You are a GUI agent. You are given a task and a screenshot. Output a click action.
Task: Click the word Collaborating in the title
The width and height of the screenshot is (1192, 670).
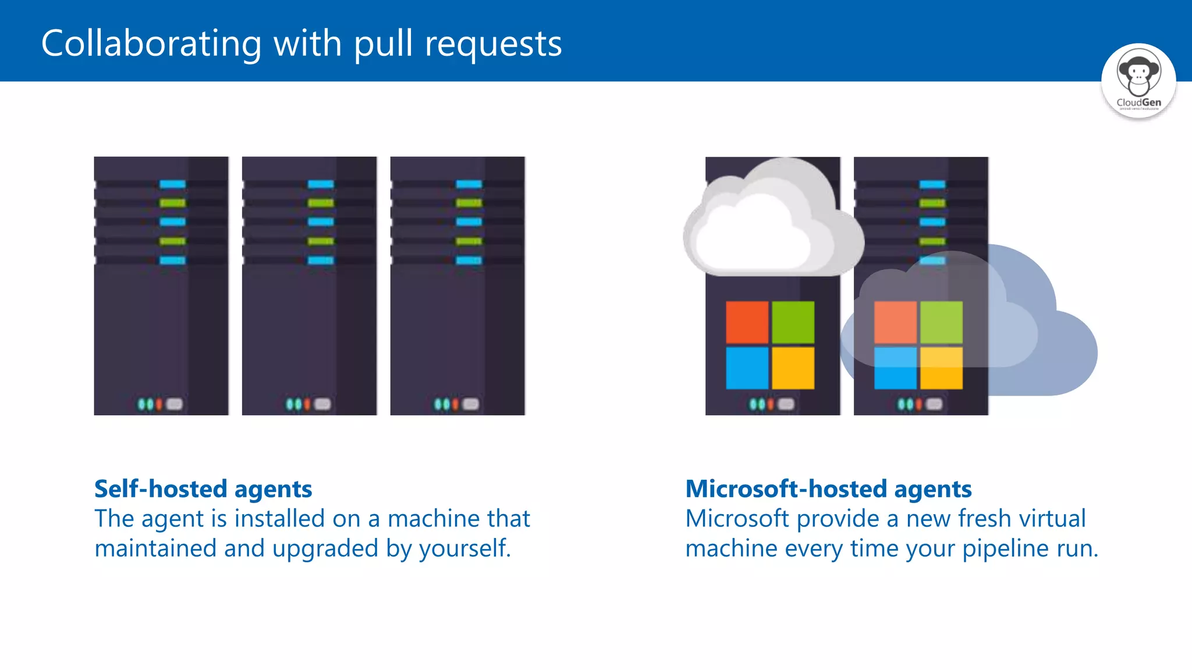tap(151, 44)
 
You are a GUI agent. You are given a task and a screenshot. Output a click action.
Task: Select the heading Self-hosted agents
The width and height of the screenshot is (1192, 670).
tap(203, 489)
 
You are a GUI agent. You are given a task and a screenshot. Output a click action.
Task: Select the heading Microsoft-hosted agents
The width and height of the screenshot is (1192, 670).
tap(828, 489)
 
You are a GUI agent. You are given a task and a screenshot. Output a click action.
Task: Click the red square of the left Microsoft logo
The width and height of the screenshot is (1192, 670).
tap(747, 322)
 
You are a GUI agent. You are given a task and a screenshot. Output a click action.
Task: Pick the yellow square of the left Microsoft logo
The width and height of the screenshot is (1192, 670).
tap(793, 368)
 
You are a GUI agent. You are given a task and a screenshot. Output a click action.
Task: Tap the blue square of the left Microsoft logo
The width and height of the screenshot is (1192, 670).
tap(747, 368)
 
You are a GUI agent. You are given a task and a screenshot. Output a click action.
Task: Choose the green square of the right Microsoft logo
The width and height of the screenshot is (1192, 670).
tap(941, 322)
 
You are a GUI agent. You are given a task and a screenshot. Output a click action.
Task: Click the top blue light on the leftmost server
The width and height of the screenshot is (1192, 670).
tap(172, 184)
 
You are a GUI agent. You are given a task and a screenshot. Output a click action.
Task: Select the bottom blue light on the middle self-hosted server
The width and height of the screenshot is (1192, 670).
tap(321, 261)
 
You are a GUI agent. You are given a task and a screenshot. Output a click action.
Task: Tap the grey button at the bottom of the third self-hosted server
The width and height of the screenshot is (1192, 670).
tap(470, 404)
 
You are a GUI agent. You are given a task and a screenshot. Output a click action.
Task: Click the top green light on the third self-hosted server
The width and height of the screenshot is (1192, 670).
tap(469, 203)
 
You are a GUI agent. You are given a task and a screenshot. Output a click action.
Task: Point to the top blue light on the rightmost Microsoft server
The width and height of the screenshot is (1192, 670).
tap(932, 184)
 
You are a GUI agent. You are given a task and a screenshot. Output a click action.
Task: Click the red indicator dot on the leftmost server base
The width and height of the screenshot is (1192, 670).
tap(159, 404)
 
